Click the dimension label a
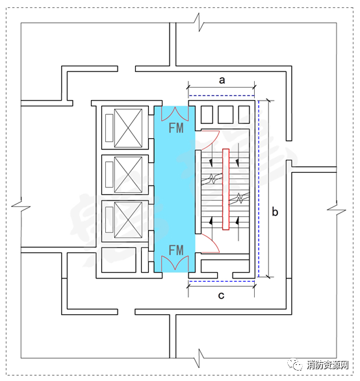coord(222,80)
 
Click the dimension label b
coord(275,212)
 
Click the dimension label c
coord(221,295)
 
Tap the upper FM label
coord(176,128)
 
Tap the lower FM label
coord(176,250)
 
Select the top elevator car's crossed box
coord(128,128)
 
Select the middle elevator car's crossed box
coord(128,175)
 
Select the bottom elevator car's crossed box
coord(128,220)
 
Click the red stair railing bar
coord(225,190)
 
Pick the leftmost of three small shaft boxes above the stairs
coord(207,115)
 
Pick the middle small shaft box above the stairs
coord(225,115)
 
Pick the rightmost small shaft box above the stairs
coord(244,115)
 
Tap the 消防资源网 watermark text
coord(328,365)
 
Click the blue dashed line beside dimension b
coord(259,189)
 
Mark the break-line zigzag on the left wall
coord(21,207)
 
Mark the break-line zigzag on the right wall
coord(337,209)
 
